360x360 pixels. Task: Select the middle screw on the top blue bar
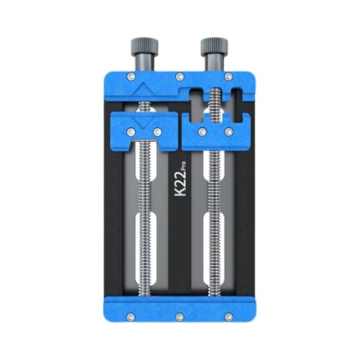point(178,76)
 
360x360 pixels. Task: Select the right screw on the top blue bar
point(228,76)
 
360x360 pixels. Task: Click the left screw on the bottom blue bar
point(130,317)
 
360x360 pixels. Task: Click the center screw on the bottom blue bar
point(179,317)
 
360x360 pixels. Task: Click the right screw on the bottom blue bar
point(228,317)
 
